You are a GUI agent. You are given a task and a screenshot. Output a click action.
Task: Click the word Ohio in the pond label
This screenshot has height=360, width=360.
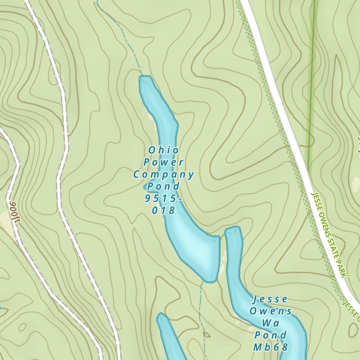[x=163, y=150]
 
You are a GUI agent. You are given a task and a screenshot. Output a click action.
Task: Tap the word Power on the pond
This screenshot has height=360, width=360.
[x=163, y=162]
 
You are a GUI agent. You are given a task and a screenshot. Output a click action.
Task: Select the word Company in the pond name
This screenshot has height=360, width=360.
[x=163, y=175]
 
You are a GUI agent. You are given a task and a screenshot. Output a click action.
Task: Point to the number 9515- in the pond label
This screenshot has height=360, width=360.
[x=163, y=198]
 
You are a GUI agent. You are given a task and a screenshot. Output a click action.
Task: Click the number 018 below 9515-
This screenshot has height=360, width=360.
[x=163, y=210]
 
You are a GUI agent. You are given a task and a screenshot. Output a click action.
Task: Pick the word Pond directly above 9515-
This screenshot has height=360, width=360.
[x=163, y=186]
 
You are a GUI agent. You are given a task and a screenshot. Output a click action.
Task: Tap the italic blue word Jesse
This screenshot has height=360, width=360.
[x=270, y=299]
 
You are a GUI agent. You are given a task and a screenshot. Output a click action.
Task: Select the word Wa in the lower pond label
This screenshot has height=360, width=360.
[x=270, y=323]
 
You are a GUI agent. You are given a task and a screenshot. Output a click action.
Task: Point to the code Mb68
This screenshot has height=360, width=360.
[x=270, y=347]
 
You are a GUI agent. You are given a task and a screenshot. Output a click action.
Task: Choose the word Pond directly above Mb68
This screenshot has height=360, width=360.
[x=270, y=335]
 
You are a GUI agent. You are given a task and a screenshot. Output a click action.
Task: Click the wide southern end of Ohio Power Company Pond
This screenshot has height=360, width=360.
[x=202, y=252]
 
